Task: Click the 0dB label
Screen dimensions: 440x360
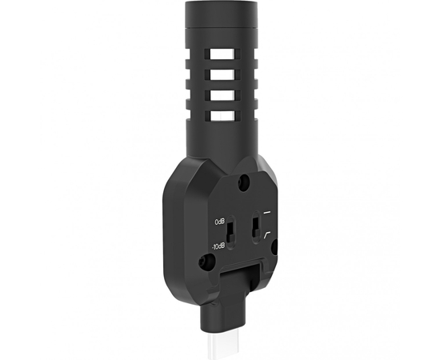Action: click(x=220, y=222)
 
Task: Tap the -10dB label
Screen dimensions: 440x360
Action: click(x=218, y=246)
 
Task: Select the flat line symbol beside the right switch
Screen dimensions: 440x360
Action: click(x=267, y=213)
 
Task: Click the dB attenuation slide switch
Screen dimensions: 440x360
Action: click(x=231, y=232)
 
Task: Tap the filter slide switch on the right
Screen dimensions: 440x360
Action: click(x=256, y=226)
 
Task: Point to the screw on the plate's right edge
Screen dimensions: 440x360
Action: click(x=274, y=246)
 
